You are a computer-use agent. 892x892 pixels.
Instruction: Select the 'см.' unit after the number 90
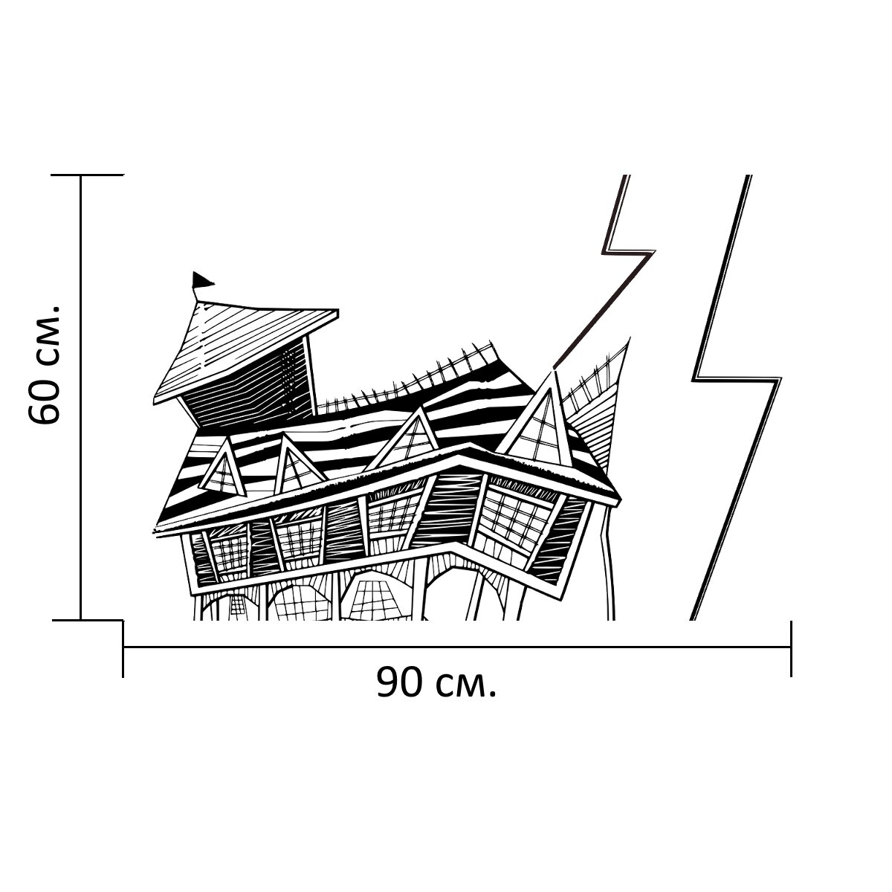click(465, 684)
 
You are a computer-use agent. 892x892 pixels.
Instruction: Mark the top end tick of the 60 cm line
click(81, 175)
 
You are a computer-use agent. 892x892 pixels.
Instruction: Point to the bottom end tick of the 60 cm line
click(81, 618)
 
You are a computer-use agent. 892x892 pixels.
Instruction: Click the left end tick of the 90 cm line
click(123, 648)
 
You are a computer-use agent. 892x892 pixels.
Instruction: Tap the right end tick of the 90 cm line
click(791, 648)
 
